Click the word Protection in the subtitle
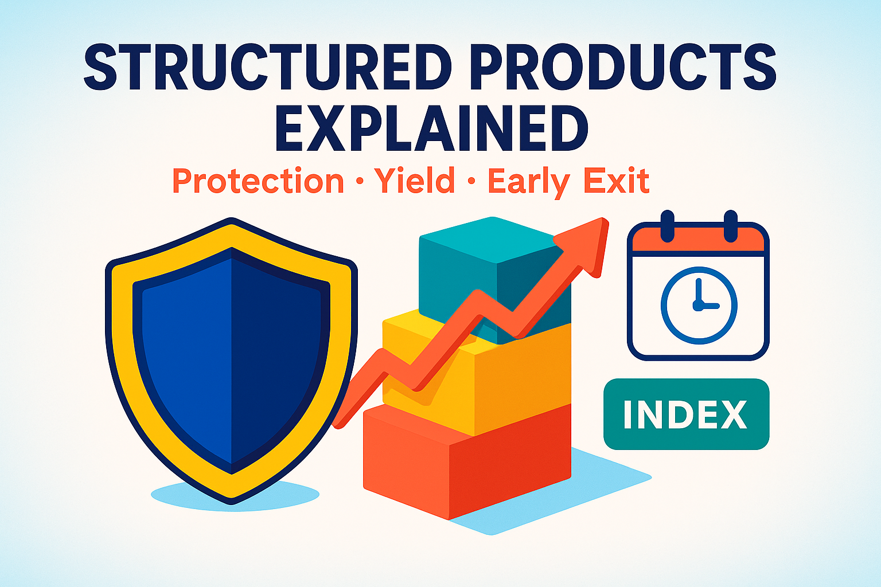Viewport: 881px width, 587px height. [258, 181]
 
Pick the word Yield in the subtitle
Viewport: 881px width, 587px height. [414, 181]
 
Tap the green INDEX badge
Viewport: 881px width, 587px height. [686, 414]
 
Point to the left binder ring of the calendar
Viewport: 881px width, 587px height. [667, 225]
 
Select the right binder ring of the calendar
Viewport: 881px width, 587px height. [730, 225]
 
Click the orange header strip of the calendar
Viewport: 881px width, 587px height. [699, 241]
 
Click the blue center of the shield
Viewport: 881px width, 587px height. [231, 355]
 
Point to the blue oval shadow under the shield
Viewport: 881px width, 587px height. [172, 496]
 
